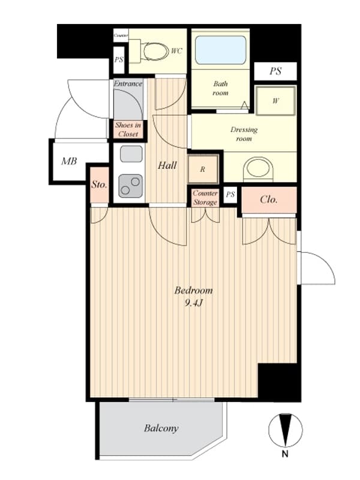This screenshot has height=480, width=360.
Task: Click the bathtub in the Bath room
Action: coord(220,50)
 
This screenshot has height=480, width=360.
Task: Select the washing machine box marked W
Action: coord(275,101)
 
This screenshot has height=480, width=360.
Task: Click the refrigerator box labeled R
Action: coord(203,169)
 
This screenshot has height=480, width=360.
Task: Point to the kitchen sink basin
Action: coord(131,154)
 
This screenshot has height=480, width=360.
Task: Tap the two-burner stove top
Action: coord(131,186)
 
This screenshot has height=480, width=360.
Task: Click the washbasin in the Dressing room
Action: coord(258,170)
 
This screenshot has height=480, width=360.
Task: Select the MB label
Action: coord(69,161)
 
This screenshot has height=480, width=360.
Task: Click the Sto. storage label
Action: coord(99,185)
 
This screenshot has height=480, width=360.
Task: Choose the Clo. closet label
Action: coord(268,200)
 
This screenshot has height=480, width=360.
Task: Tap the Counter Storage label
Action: coord(205,198)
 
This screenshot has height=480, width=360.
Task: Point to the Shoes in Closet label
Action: coord(128,130)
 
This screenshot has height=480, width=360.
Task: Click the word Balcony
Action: coord(161,428)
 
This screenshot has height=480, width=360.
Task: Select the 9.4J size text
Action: coord(193,303)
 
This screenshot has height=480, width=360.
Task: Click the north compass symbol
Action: coord(286,430)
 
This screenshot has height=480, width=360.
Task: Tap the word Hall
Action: coord(167,166)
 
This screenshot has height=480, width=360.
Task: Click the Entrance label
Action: coord(128,83)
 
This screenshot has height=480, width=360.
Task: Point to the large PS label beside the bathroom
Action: coord(275,71)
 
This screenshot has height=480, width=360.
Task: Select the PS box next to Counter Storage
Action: coord(230,194)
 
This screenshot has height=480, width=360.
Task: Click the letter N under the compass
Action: coord(285,454)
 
